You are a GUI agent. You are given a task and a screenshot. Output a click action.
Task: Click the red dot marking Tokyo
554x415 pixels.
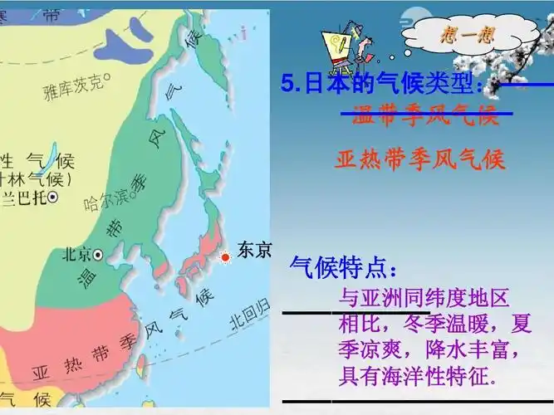[x=224, y=257]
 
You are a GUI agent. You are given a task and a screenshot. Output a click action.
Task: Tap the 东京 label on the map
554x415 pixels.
[x=254, y=250]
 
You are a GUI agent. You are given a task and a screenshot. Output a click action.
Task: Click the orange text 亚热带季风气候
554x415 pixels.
[x=420, y=159]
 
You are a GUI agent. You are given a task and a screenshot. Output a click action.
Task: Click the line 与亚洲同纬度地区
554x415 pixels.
[x=424, y=297]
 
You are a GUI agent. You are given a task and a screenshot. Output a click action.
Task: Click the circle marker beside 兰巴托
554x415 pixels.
[x=52, y=197]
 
